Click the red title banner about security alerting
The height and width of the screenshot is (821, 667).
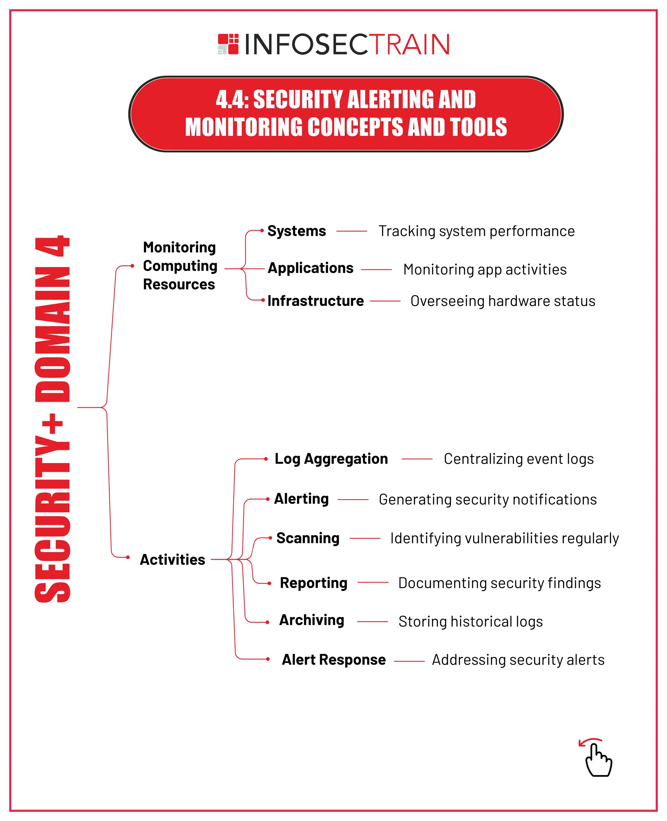(346, 114)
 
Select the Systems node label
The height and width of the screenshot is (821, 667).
(297, 231)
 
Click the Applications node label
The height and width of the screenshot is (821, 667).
(310, 268)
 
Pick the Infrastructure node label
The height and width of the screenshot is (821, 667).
(316, 301)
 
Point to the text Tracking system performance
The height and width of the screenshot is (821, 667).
(476, 231)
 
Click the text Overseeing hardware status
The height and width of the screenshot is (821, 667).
(503, 301)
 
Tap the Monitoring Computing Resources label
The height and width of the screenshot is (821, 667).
(180, 266)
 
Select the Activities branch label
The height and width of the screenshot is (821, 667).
(173, 560)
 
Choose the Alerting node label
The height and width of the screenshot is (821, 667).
(302, 499)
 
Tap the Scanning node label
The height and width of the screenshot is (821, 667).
(308, 538)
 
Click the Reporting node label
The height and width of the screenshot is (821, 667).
(314, 583)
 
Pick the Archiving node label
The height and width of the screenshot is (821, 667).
(312, 620)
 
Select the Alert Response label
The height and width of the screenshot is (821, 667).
(333, 659)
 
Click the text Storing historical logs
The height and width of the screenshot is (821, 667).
(470, 622)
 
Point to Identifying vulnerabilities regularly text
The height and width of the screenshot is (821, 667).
(504, 538)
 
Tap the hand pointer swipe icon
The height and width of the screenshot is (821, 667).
(597, 758)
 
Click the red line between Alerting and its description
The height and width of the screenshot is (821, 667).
(353, 500)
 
